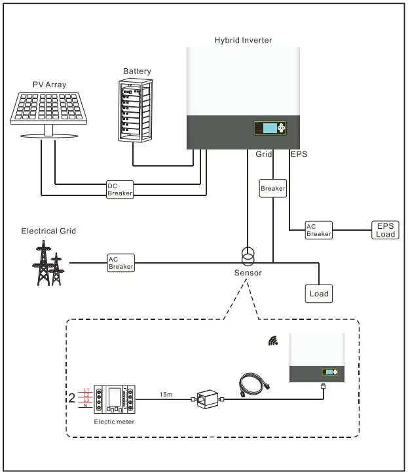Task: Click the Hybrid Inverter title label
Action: coord(243,40)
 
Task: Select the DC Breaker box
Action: coord(120,189)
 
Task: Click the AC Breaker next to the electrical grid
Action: coord(121,263)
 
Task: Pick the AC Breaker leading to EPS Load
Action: coord(319,230)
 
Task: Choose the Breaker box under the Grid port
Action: coord(273,188)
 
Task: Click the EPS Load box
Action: coord(385,229)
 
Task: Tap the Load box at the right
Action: coord(319,293)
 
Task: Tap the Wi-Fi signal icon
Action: coord(273,341)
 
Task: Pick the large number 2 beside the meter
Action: coord(71,398)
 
